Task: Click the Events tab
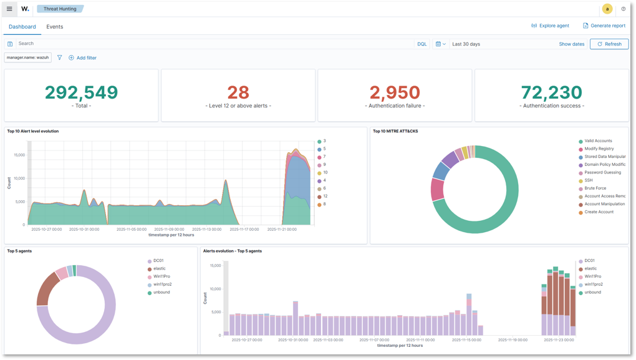point(54,27)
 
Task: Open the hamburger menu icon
point(9,9)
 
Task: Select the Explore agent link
point(550,26)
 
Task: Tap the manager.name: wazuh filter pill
point(27,57)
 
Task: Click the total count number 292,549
point(81,92)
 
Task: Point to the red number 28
point(238,92)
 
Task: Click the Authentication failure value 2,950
point(395,92)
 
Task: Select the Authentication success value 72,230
point(551,92)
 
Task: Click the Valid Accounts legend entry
point(598,141)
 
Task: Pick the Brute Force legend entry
point(595,188)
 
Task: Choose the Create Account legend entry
point(599,212)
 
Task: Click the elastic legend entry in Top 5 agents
point(160,269)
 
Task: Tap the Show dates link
point(571,44)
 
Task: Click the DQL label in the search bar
point(422,44)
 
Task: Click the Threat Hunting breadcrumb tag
point(59,9)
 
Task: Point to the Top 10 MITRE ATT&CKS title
point(395,131)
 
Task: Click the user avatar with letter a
point(607,9)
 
